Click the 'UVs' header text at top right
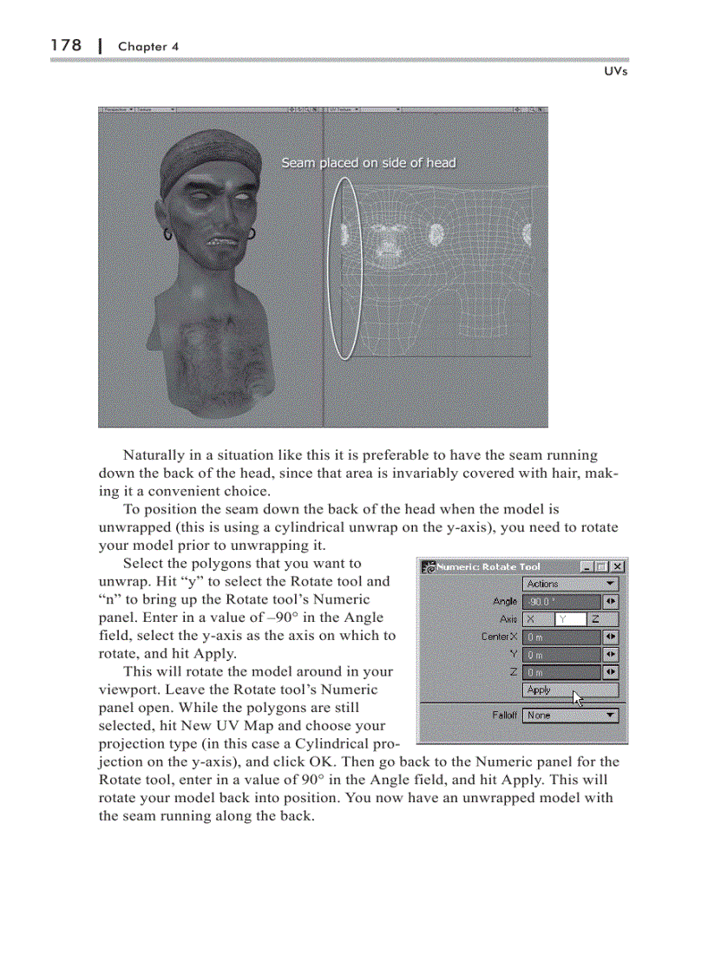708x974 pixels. [x=615, y=71]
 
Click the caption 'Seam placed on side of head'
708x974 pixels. [x=368, y=162]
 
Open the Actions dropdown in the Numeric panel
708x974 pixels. [x=570, y=584]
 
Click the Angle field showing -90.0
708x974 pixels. [x=562, y=601]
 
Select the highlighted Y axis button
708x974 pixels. [x=569, y=619]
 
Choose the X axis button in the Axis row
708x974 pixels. [x=537, y=619]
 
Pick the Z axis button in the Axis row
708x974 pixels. [x=602, y=619]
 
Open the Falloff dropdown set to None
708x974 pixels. [x=570, y=716]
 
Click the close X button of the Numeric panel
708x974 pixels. [x=618, y=566]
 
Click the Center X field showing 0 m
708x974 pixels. [x=562, y=637]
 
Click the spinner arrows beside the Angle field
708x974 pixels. [x=611, y=601]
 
